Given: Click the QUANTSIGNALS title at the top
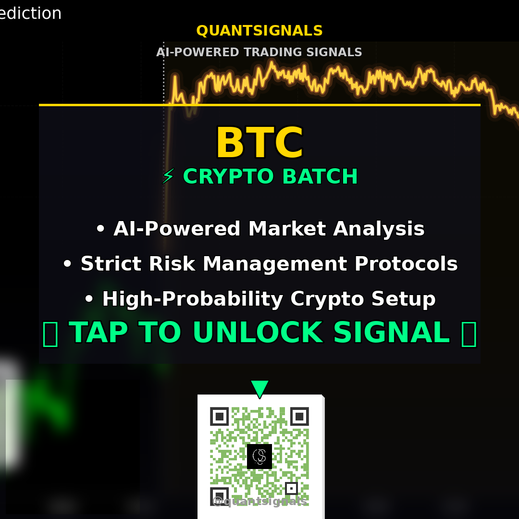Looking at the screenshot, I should pyautogui.click(x=259, y=31).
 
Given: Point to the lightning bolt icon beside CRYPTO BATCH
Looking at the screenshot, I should pyautogui.click(x=168, y=177).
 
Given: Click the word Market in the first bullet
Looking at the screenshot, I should pyautogui.click(x=287, y=229).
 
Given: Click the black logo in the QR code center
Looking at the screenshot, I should pyautogui.click(x=259, y=456).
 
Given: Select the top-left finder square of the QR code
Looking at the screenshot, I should pyautogui.click(x=219, y=416).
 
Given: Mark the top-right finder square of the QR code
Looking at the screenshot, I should pyautogui.click(x=299, y=416).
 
